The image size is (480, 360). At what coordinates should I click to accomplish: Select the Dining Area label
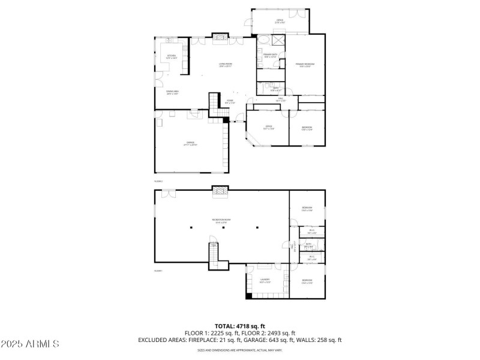point(173,92)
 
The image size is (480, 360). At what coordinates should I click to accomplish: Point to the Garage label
point(190,143)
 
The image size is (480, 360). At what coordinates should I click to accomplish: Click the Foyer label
point(230,101)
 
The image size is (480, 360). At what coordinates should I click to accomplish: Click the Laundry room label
point(265,280)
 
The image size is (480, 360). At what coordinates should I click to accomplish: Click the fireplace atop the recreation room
point(221,193)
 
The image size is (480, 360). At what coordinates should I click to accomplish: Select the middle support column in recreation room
point(224,227)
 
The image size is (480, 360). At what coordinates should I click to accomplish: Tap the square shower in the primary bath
point(278,40)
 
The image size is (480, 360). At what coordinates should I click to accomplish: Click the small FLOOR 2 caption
point(159,180)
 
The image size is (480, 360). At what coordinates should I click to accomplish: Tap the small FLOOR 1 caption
point(159,271)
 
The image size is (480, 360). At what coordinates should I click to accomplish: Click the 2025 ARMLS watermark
point(30,344)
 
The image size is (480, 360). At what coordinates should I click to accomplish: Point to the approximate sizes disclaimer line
point(239,350)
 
